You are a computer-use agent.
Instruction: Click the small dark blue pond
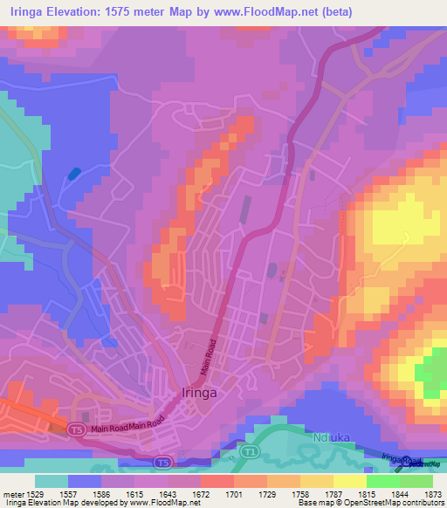click(x=74, y=173)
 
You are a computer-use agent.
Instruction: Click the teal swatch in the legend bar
click(x=51, y=481)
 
